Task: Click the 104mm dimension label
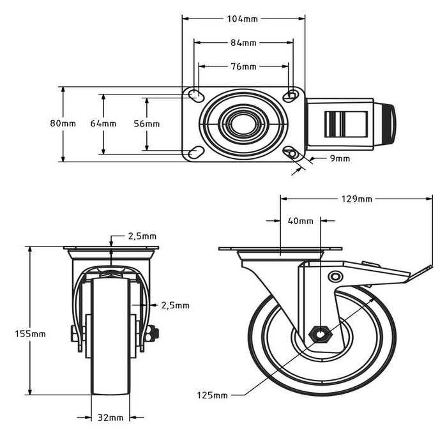point(243,19)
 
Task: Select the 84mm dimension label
point(243,43)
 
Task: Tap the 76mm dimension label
point(243,66)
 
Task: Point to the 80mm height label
point(63,123)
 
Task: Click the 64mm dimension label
point(103,123)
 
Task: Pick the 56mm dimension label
point(147,123)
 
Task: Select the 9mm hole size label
point(340,158)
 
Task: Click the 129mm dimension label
point(356,199)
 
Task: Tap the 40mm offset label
point(301,221)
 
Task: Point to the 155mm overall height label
point(31,333)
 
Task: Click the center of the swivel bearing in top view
point(243,124)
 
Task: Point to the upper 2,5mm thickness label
point(142,236)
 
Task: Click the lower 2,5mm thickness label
point(175,305)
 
